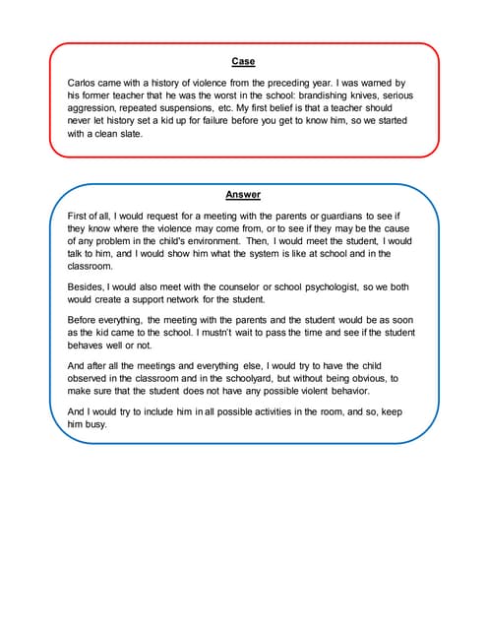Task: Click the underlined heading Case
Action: [243, 62]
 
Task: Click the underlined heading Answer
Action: [243, 195]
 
